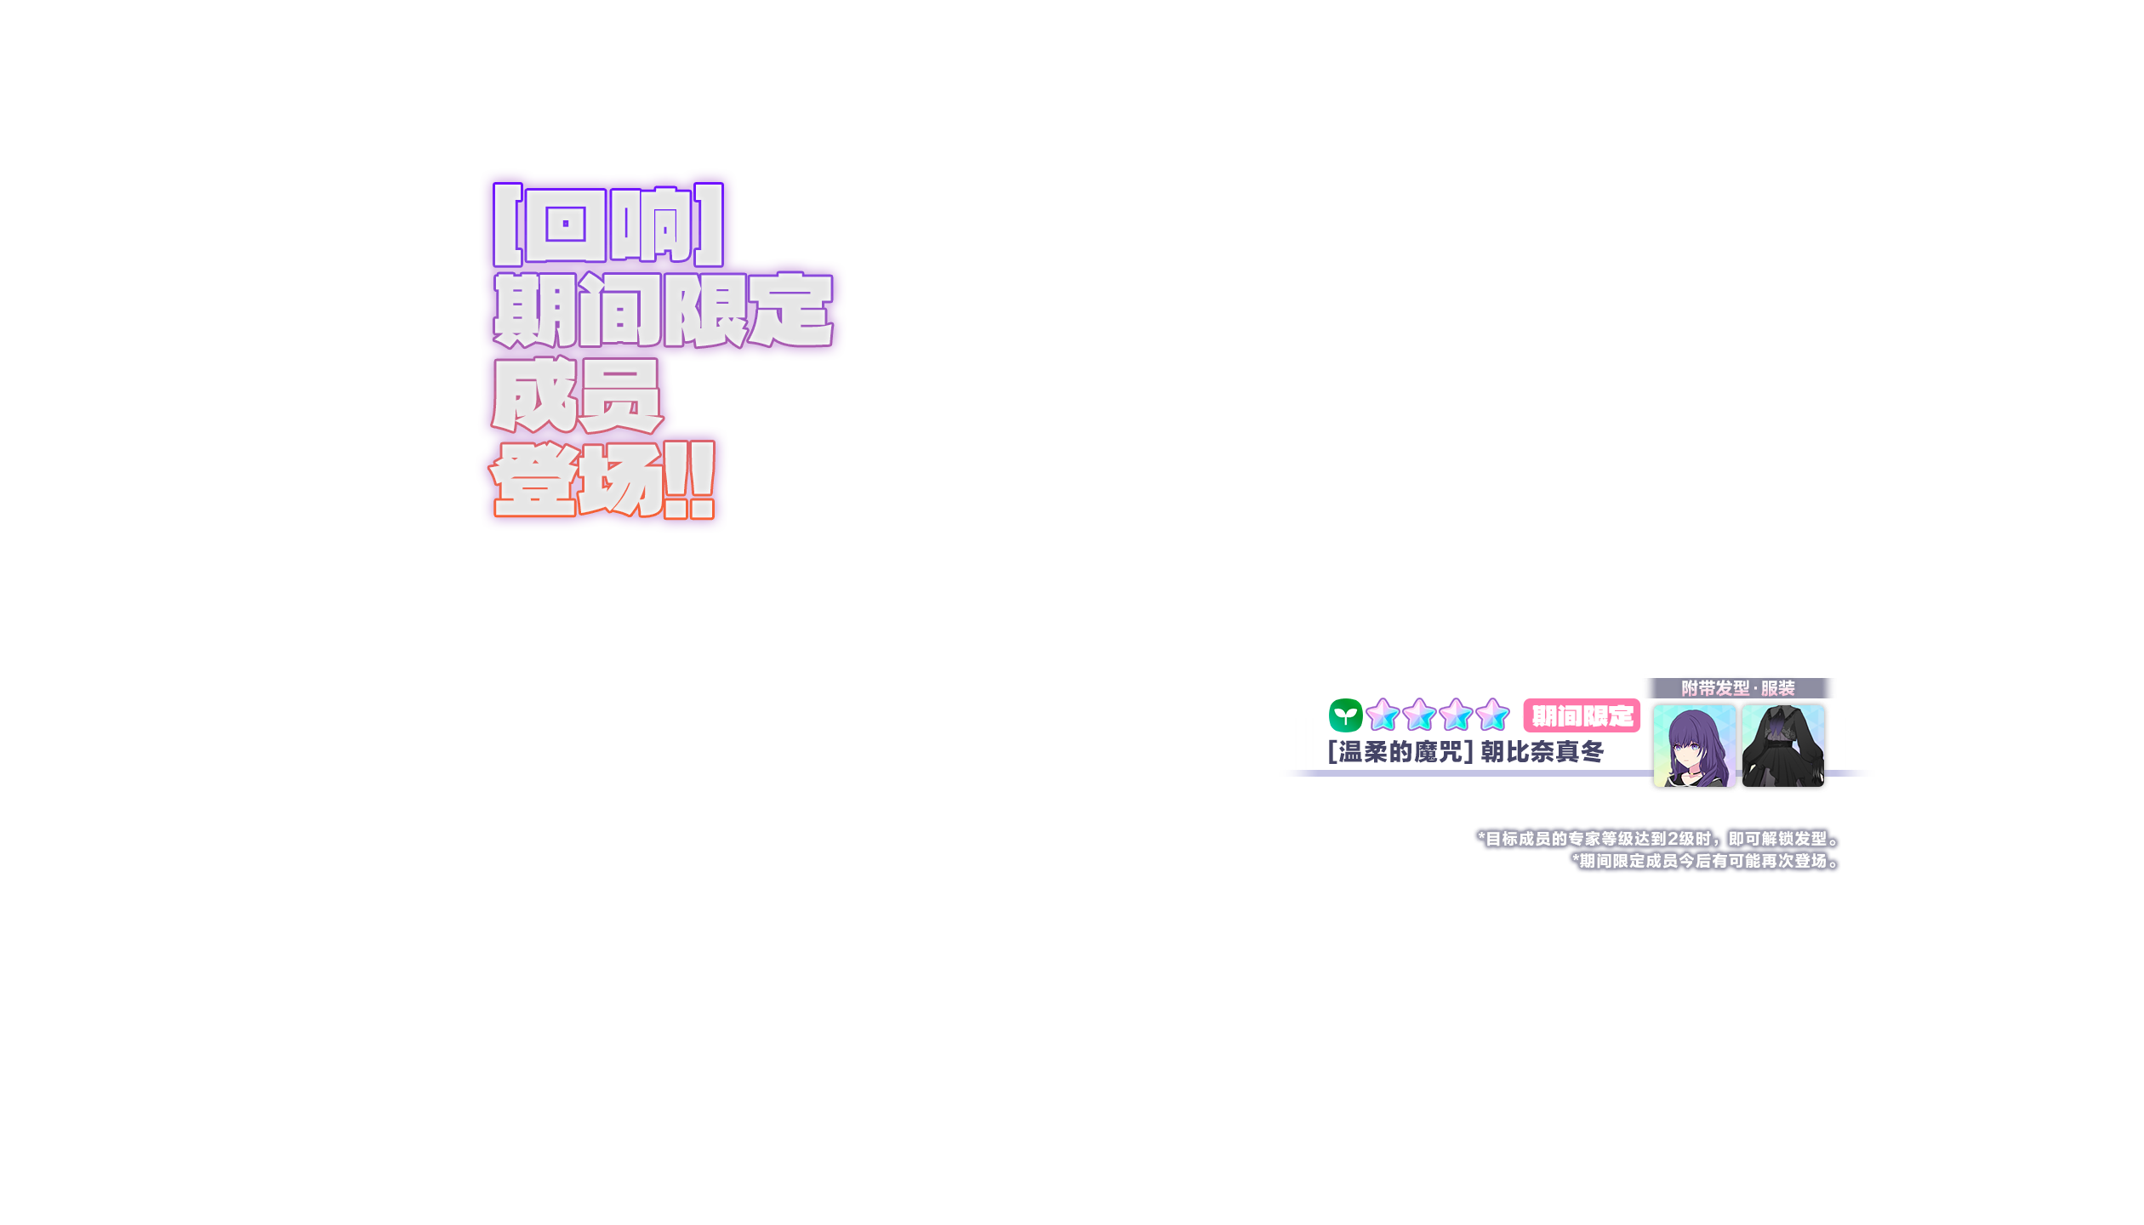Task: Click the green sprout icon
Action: [1345, 715]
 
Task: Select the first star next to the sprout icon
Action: [1383, 715]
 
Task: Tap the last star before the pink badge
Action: [1492, 715]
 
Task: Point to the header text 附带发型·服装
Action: [1737, 688]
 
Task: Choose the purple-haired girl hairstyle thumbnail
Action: [1693, 746]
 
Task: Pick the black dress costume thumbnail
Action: [1782, 746]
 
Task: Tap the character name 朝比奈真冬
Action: [1542, 752]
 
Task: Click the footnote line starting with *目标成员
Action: [1658, 839]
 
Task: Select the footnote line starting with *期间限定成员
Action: [1705, 861]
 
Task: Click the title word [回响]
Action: [607, 225]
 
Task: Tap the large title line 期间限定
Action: [663, 310]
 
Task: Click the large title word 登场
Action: [576, 480]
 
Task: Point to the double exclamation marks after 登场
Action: [690, 480]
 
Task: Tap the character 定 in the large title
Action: [790, 310]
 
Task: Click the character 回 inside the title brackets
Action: [565, 225]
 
